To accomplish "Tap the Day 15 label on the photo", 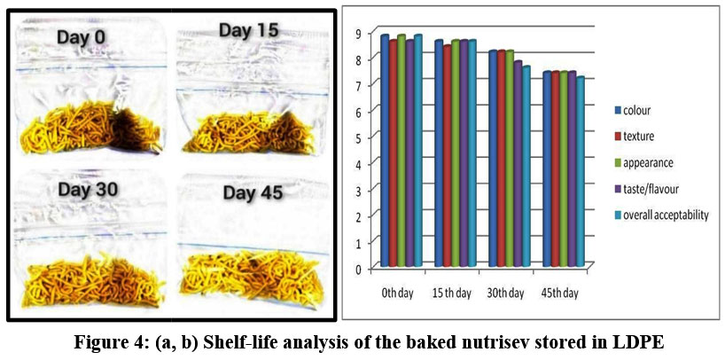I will pyautogui.click(x=246, y=31).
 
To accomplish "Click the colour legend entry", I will pyautogui.click(x=645, y=111).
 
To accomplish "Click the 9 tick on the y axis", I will pyautogui.click(x=360, y=34).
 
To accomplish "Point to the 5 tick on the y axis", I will pyautogui.click(x=360, y=137).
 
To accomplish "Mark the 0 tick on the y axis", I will pyautogui.click(x=360, y=268).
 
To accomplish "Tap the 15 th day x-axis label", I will pyautogui.click(x=452, y=292).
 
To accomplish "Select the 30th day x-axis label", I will pyautogui.click(x=505, y=292).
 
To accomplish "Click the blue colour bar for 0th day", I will pyautogui.click(x=385, y=151).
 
